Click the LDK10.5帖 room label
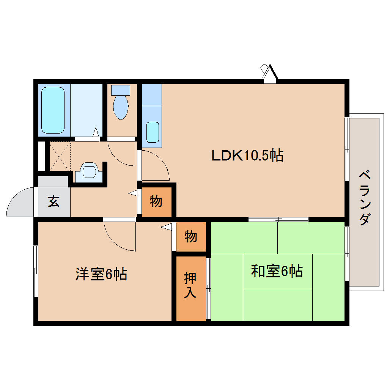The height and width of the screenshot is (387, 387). coord(247,155)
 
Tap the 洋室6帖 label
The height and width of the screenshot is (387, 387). coord(101,274)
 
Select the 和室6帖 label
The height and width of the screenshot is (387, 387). coord(277,271)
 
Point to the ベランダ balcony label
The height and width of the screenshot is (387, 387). coord(365,198)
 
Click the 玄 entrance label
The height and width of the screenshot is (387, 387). coord(53,201)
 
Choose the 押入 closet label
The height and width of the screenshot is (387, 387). coord(190,285)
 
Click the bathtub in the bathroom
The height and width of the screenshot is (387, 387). coord(53,110)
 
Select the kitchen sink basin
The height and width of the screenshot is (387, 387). coord(153,132)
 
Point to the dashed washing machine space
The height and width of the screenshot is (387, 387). coord(60,156)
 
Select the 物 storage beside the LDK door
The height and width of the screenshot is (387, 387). coord(156,201)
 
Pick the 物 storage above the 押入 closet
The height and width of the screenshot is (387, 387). coord(191,236)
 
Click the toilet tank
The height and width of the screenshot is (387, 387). coord(121,90)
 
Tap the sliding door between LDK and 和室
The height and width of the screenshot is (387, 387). coord(278,219)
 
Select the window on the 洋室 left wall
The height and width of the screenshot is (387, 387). coord(36,271)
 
